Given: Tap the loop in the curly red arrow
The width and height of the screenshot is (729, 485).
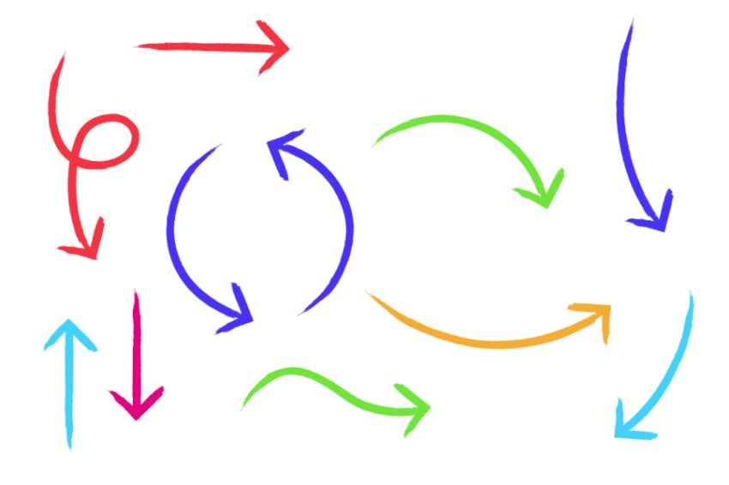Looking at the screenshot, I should pyautogui.click(x=107, y=140).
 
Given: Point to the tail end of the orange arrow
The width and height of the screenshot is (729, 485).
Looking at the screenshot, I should pyautogui.click(x=367, y=292).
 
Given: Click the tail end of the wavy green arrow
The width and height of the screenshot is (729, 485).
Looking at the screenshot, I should pyautogui.click(x=243, y=408).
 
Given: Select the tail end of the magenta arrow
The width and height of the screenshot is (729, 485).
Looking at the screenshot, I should pyautogui.click(x=136, y=292).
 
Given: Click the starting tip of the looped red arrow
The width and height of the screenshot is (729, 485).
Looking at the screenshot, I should pyautogui.click(x=63, y=55).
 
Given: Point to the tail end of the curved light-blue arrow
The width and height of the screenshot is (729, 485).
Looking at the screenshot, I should pyautogui.click(x=690, y=293).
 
